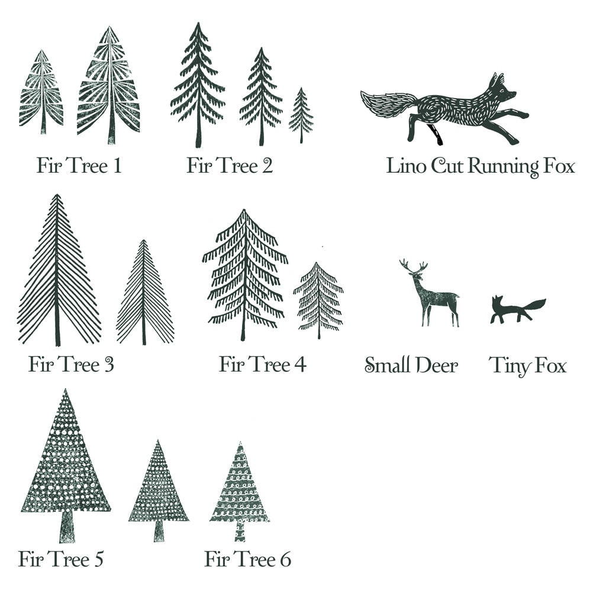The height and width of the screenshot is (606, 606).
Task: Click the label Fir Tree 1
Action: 79,165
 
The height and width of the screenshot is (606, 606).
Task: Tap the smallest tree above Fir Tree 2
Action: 301,115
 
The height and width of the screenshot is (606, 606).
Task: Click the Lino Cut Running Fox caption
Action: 480,166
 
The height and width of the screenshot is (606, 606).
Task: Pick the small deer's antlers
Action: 412,267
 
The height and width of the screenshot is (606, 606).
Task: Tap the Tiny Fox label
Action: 527,366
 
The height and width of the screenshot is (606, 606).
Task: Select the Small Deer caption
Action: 411,365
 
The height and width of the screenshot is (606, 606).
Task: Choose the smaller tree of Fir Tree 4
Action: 318,299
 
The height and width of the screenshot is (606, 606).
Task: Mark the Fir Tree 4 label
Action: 262,364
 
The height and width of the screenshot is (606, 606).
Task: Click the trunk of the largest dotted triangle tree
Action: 67,526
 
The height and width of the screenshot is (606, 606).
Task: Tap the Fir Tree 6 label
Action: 247,559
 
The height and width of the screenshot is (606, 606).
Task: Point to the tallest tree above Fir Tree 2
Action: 198,86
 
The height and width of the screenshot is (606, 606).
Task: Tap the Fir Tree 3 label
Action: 71,364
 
